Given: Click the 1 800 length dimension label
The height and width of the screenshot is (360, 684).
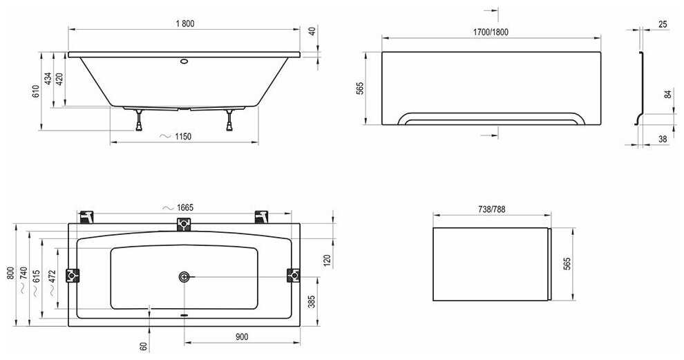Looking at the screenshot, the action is [x=185, y=23].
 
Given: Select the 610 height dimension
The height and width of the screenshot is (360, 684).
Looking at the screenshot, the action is [x=36, y=91].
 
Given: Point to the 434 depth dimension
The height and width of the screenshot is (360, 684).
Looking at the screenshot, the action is [x=48, y=79].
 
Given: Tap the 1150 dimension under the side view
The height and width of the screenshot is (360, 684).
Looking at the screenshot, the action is [x=183, y=137].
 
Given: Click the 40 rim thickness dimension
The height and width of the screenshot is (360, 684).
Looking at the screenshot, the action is [x=312, y=32].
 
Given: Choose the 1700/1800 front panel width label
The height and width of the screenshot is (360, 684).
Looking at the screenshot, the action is [x=491, y=32].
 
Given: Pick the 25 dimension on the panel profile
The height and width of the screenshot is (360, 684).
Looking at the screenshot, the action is [x=663, y=24].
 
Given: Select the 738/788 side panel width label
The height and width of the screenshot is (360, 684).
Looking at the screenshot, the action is [x=492, y=209].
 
